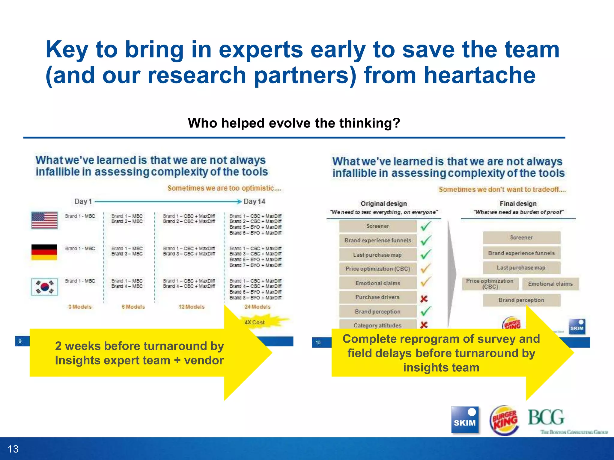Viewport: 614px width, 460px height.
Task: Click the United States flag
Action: point(44,220)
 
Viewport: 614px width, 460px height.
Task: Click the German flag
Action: point(44,252)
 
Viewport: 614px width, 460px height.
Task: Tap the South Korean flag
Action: point(44,287)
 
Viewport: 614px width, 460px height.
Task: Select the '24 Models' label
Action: point(257,307)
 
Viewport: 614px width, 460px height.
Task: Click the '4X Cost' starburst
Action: point(255,322)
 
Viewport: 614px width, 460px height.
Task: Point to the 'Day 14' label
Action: point(254,201)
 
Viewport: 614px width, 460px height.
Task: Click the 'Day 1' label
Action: point(83,201)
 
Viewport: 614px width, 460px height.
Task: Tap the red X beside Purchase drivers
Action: point(424,299)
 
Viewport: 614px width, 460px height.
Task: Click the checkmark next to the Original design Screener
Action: point(426,226)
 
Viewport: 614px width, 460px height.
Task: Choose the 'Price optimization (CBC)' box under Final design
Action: point(490,284)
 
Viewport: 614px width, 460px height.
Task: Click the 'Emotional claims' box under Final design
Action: point(550,284)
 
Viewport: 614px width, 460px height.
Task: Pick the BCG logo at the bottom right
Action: point(546,418)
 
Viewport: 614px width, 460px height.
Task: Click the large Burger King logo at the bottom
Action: point(505,420)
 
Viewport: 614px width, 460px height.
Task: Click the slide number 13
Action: point(13,449)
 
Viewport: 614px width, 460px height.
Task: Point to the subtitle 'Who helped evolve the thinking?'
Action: point(294,123)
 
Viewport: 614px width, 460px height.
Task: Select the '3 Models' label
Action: point(80,307)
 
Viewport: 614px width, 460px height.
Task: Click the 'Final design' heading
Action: point(518,204)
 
